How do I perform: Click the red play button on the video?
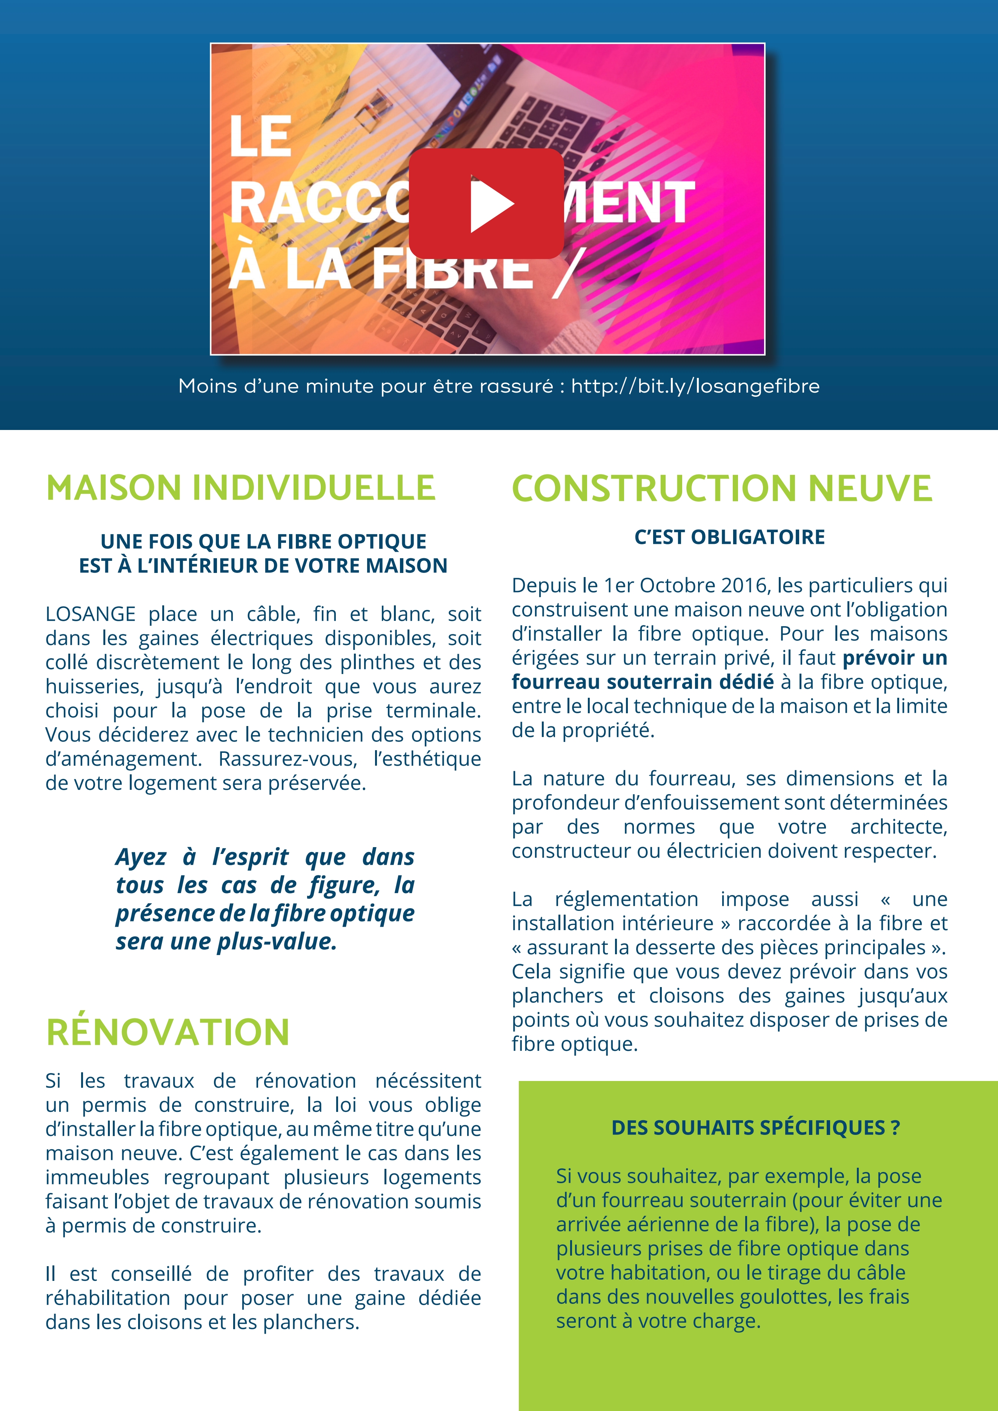tap(486, 203)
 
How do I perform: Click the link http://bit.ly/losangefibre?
tap(695, 387)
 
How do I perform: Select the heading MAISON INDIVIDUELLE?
tap(240, 488)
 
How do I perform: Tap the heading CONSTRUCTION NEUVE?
tap(722, 488)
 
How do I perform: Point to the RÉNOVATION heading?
tap(168, 1032)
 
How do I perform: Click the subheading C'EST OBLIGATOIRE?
tap(729, 537)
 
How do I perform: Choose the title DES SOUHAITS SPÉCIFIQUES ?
tap(755, 1128)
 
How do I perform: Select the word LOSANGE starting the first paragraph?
tap(91, 614)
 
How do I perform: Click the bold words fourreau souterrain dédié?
tap(643, 682)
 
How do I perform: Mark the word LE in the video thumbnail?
tap(260, 137)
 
